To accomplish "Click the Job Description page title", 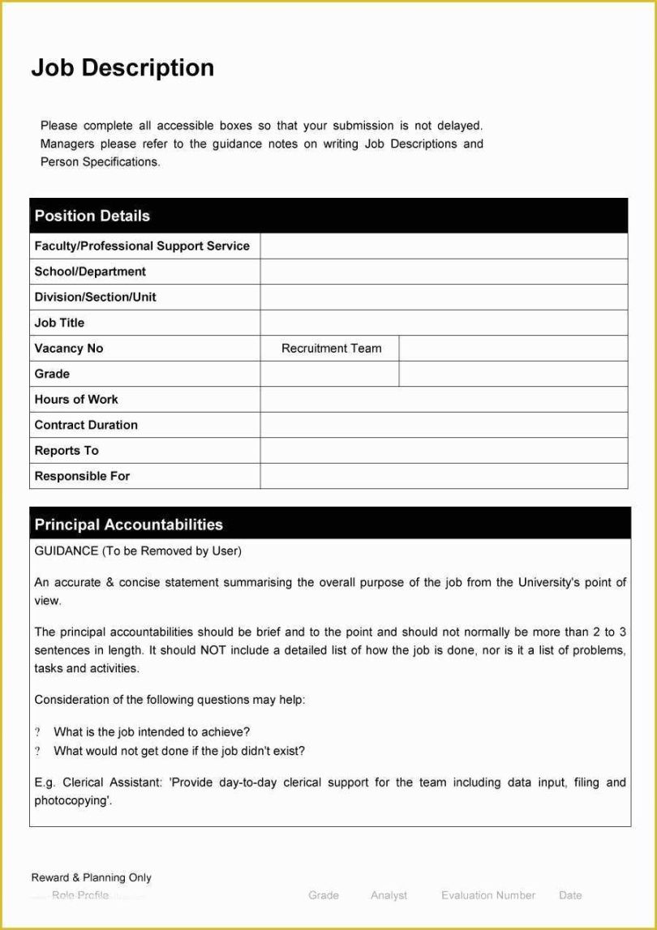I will [122, 68].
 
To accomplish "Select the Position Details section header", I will [92, 216].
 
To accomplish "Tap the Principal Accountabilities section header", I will [128, 525].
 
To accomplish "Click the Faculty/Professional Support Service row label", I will [142, 246].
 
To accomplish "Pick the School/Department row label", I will [90, 272].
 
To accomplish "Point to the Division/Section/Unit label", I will [95, 297].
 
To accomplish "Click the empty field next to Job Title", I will [444, 323].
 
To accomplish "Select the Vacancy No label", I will [69, 348].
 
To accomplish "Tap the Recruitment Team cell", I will [331, 348].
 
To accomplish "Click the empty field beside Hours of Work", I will [444, 399].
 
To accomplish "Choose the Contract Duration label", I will [86, 425].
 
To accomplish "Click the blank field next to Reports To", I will [444, 450].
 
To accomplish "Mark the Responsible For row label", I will [82, 476].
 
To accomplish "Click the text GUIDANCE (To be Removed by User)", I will [138, 551].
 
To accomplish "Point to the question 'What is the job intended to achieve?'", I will [152, 731].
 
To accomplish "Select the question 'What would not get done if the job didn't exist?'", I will [179, 751].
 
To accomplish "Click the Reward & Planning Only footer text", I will [91, 877].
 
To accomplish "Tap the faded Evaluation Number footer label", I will [488, 895].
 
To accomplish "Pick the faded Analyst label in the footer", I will [389, 895].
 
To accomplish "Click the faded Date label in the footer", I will [570, 895].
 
